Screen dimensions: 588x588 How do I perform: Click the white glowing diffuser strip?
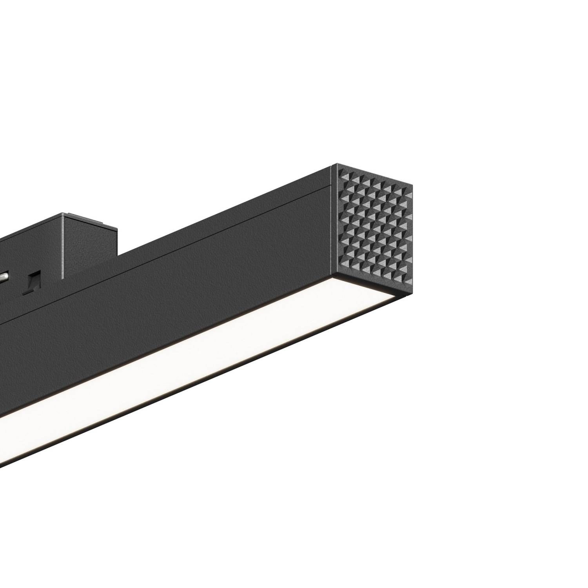(x=196, y=353)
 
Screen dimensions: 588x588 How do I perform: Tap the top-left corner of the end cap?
(x=332, y=165)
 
